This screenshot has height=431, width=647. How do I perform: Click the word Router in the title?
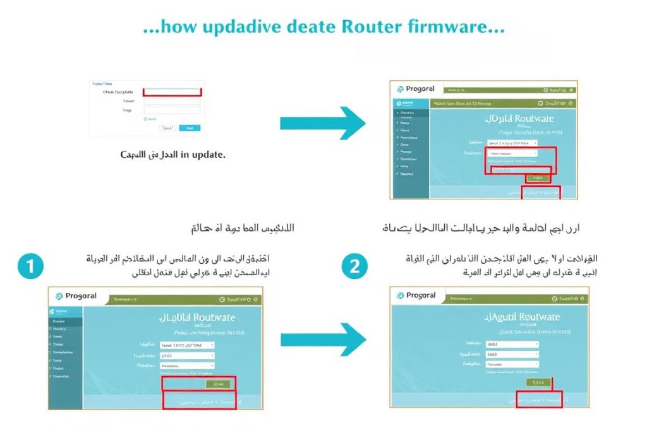tap(366, 28)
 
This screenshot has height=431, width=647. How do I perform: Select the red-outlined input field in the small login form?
tap(172, 92)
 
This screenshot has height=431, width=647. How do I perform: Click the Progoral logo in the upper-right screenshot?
tap(417, 90)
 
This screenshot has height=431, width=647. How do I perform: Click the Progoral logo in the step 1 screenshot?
tap(77, 296)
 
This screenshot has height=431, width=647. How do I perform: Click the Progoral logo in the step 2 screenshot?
tap(417, 295)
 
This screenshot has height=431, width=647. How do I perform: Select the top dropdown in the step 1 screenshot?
tap(187, 345)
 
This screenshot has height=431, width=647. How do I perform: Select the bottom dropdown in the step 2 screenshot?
tap(512, 364)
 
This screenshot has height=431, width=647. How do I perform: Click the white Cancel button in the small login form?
tap(167, 127)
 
